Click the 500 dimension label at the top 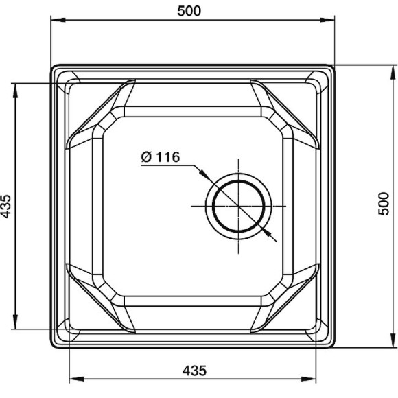pos(189,11)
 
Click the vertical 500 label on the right pos(384,204)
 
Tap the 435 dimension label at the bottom pos(194,371)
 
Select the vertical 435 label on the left pos(6,206)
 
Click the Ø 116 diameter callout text pos(161,157)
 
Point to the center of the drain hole pos(238,206)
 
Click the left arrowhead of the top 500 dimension pos(58,20)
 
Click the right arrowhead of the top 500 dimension pos(327,20)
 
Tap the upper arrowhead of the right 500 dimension pos(393,73)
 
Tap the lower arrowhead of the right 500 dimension pos(393,340)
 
